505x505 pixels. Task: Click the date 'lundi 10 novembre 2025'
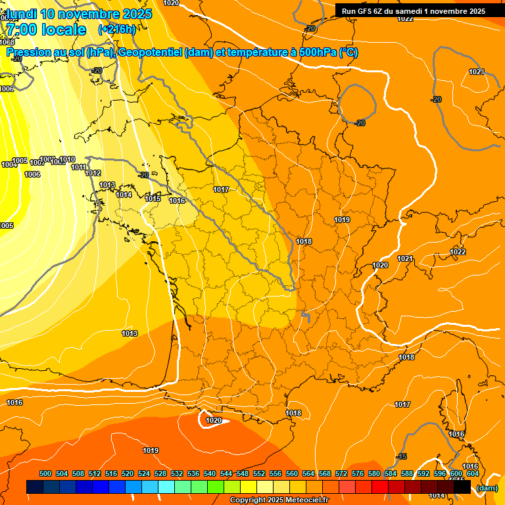(79, 14)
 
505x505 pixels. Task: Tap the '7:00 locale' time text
(46, 30)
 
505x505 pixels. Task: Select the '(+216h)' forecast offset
(116, 30)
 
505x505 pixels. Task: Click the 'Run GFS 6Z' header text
(366, 11)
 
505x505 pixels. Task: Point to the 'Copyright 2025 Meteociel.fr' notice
(279, 500)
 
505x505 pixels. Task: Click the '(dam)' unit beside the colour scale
(487, 488)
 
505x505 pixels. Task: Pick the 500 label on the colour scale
(45, 474)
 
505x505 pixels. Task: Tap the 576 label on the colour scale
(358, 474)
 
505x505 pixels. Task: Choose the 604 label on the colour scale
(473, 474)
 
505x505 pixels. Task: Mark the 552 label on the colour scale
(259, 474)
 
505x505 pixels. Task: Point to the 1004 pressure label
(9, 165)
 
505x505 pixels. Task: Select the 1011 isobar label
(80, 168)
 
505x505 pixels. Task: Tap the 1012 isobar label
(93, 174)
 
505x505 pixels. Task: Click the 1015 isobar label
(153, 199)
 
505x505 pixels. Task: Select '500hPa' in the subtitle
(313, 53)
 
